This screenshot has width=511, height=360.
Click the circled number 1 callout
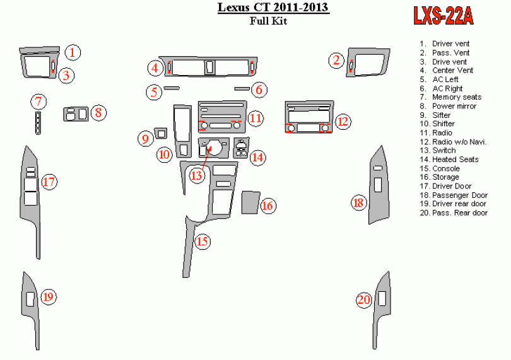74,52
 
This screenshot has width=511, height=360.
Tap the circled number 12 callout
342,122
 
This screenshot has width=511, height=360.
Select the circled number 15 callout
203,241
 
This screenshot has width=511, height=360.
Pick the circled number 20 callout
363,300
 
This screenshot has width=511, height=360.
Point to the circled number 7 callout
39,102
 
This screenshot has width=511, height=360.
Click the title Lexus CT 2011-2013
273,8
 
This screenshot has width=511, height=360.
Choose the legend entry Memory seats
457,97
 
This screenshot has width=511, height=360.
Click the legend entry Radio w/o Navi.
459,142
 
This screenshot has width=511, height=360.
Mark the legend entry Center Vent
452,71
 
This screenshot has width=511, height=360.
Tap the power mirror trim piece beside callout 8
76,115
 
